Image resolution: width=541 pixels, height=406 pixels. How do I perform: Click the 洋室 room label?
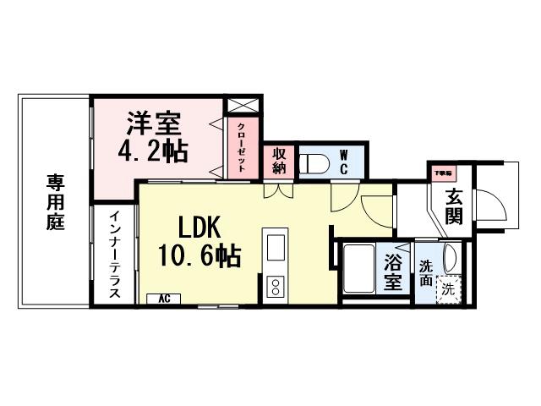tap(155, 123)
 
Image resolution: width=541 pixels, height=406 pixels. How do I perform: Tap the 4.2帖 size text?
tap(153, 151)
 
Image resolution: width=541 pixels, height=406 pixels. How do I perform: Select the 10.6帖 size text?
tap(199, 255)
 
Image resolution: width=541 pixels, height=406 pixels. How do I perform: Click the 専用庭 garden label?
tap(55, 204)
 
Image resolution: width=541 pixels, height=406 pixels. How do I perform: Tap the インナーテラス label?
tap(115, 254)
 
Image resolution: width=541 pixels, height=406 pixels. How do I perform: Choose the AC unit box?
tap(164, 299)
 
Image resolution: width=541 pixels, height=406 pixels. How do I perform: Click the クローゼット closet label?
tap(242, 147)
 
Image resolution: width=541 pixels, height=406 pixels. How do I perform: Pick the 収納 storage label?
tap(277, 162)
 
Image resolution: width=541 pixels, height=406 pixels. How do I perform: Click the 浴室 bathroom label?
tap(393, 272)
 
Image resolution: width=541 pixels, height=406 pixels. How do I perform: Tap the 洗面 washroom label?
tap(427, 272)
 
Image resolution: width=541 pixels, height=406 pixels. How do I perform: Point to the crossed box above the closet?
tap(241, 105)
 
